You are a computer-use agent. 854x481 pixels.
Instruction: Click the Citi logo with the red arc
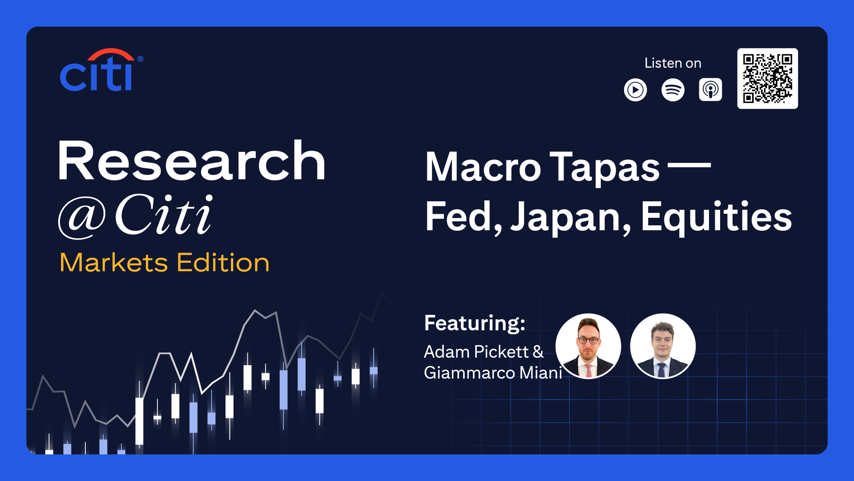pyautogui.click(x=101, y=70)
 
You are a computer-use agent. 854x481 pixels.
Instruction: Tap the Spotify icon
pyautogui.click(x=673, y=90)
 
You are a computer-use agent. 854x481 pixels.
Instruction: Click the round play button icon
pyautogui.click(x=635, y=90)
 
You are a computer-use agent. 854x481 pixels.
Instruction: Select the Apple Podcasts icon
pyautogui.click(x=710, y=90)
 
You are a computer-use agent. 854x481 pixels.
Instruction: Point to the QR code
pyautogui.click(x=767, y=78)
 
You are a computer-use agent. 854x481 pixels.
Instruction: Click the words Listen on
pyautogui.click(x=673, y=63)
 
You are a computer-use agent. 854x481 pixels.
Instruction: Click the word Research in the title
pyautogui.click(x=192, y=161)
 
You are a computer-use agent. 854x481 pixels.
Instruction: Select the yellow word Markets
pyautogui.click(x=114, y=262)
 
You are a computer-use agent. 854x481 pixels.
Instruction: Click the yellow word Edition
pyautogui.click(x=223, y=262)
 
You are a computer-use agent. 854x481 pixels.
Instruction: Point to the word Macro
pyautogui.click(x=483, y=167)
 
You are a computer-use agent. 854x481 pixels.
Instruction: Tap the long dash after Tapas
pyautogui.click(x=689, y=165)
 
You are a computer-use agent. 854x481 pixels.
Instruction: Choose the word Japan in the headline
pyautogui.click(x=571, y=217)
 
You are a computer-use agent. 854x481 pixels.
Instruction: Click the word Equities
pyautogui.click(x=717, y=217)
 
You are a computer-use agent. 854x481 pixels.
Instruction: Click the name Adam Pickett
pyautogui.click(x=476, y=352)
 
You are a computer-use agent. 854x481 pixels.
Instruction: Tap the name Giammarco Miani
pyautogui.click(x=493, y=373)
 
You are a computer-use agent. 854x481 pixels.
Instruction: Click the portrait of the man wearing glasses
pyautogui.click(x=588, y=346)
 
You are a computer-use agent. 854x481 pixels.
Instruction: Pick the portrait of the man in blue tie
pyautogui.click(x=663, y=346)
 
